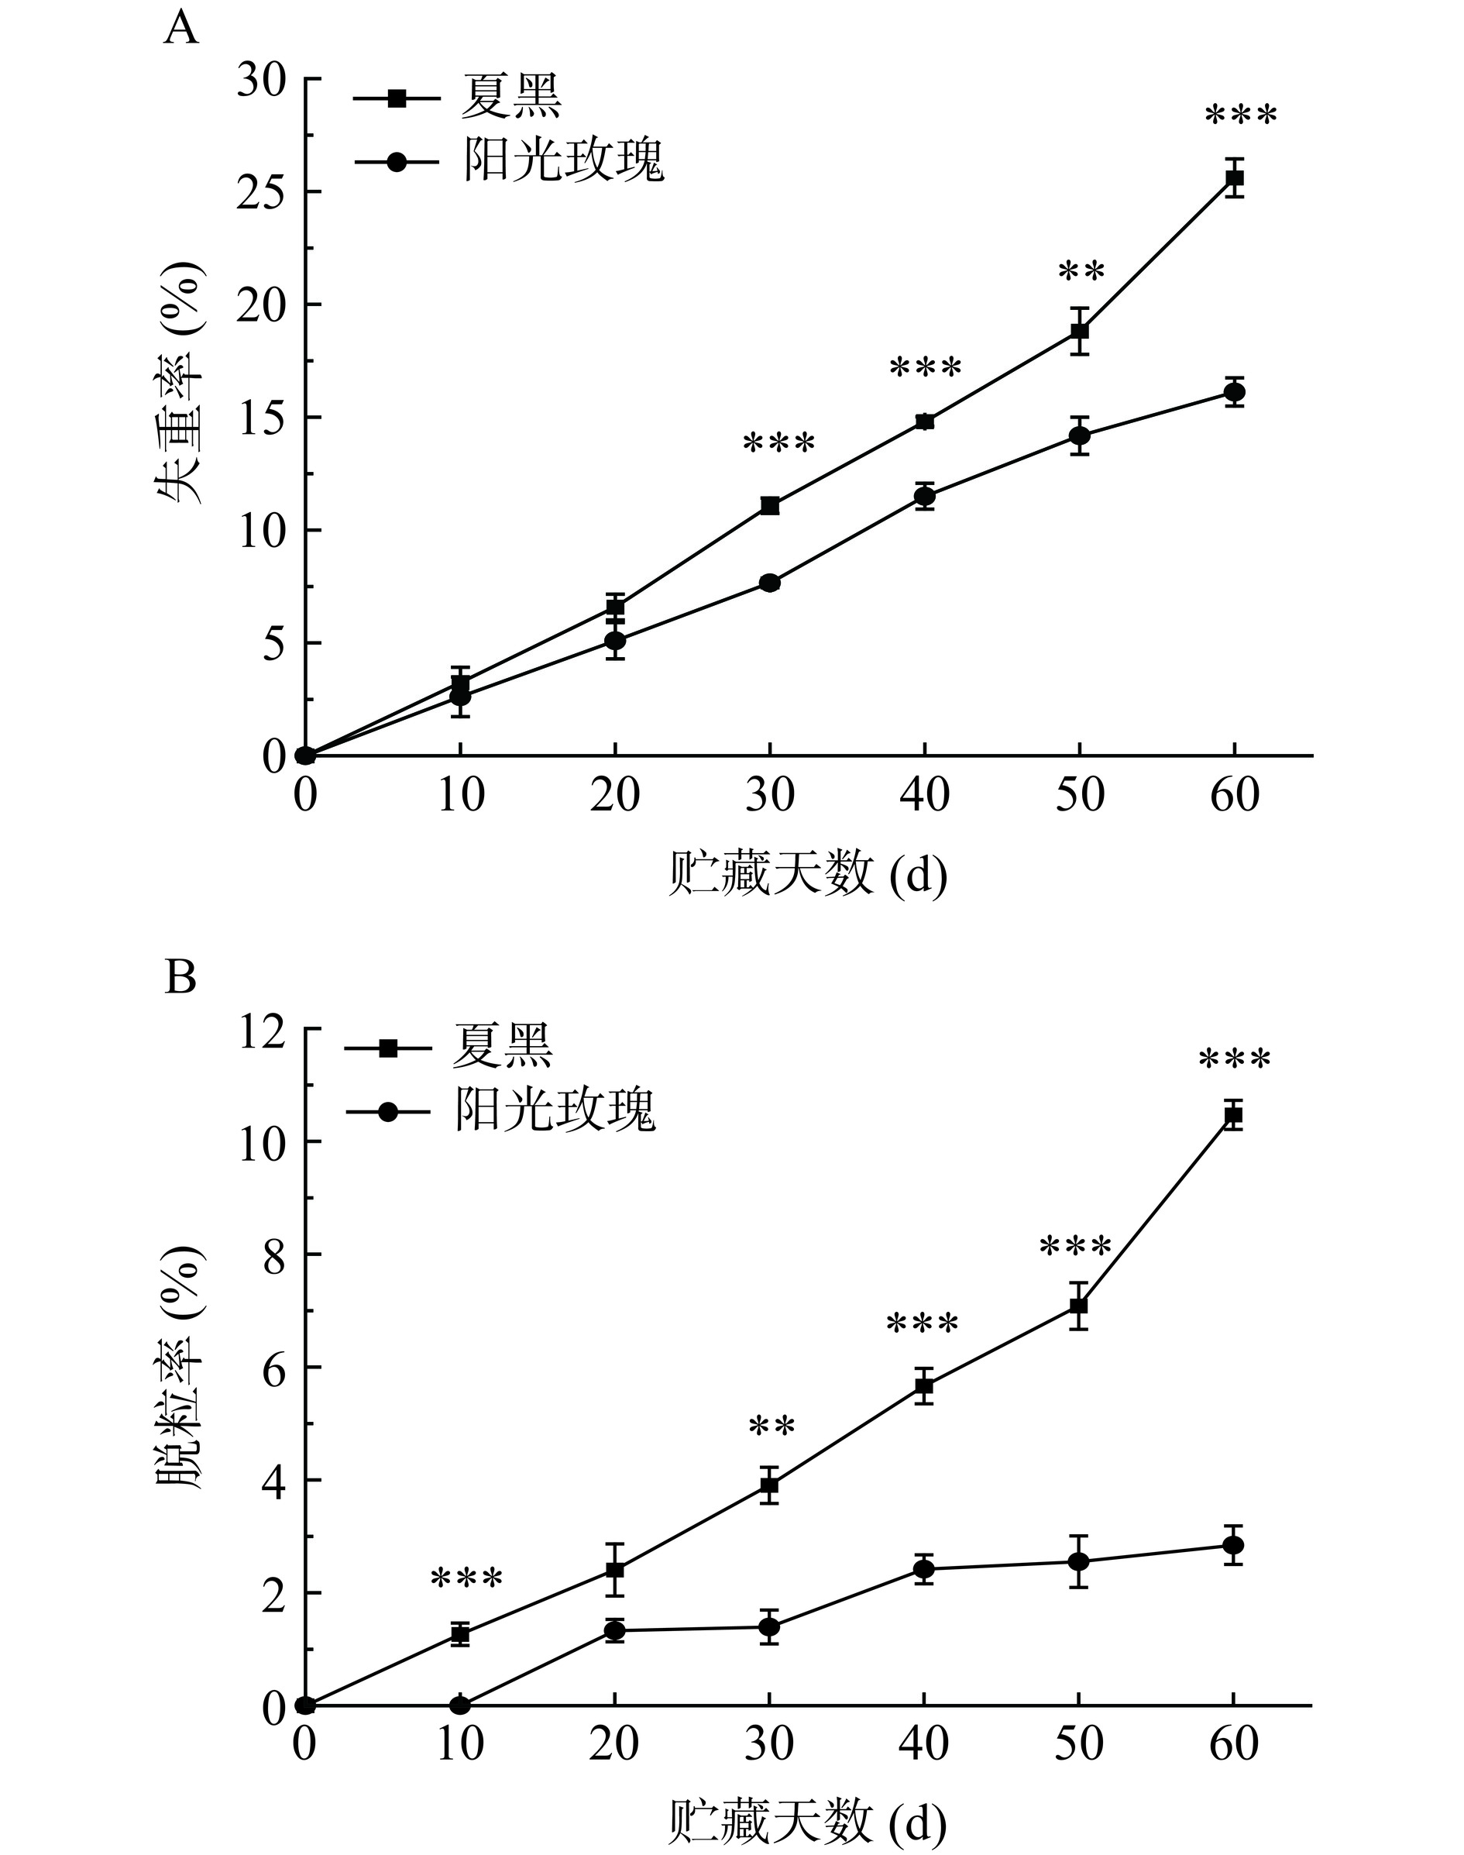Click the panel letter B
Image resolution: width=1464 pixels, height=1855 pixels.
180,977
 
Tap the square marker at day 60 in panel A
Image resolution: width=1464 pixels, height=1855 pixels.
1234,178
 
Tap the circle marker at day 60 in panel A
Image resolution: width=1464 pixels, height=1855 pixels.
1234,393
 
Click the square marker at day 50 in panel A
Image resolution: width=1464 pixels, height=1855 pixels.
1079,331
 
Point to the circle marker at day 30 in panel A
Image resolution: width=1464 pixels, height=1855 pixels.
770,583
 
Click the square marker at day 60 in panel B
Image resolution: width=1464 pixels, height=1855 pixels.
1232,1115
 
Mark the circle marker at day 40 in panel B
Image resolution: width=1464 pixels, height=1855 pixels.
924,1570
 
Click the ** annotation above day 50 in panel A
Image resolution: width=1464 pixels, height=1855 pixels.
1081,272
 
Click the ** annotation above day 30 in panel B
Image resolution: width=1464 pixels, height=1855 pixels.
772,1427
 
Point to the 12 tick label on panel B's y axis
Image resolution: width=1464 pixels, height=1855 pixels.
263,1030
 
